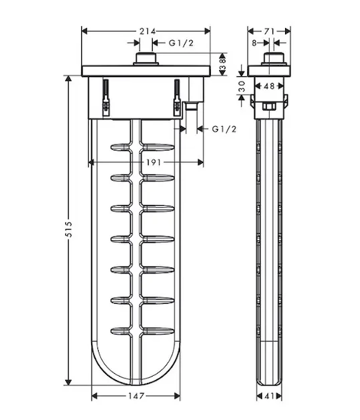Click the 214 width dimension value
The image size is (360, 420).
tap(147, 31)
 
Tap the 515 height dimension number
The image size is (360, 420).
tap(69, 229)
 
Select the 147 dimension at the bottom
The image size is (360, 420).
tap(136, 396)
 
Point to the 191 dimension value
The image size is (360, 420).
tap(153, 162)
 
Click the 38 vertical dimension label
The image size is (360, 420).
tap(223, 64)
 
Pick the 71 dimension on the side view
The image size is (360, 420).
tap(269, 31)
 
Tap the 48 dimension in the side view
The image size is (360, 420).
tap(269, 86)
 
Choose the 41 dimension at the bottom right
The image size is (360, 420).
tap(269, 396)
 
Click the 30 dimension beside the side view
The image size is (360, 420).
tap(242, 86)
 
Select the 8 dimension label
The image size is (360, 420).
tap(254, 43)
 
